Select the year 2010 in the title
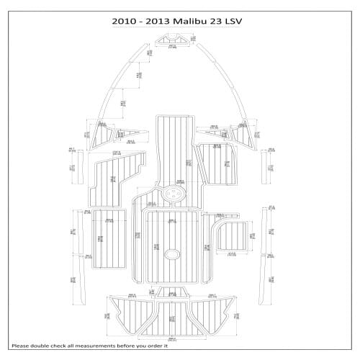(125, 21)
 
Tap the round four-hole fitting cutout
(173, 194)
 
